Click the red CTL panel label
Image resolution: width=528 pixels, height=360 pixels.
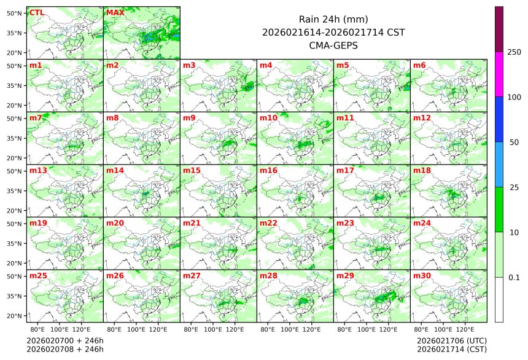pyautogui.click(x=36, y=12)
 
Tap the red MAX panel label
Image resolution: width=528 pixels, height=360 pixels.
pyautogui.click(x=115, y=12)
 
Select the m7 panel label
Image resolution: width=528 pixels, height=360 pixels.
pyautogui.click(x=36, y=117)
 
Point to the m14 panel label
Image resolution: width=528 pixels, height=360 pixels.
pyautogui.click(x=115, y=170)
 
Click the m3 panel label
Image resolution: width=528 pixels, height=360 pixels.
pyautogui.click(x=189, y=65)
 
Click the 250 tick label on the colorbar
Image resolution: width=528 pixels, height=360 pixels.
pyautogui.click(x=514, y=52)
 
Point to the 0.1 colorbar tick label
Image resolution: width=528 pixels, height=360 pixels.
pyautogui.click(x=514, y=277)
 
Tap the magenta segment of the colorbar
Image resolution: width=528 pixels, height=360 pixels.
pyautogui.click(x=499, y=74)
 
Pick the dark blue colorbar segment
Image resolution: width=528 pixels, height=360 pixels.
pyautogui.click(x=499, y=119)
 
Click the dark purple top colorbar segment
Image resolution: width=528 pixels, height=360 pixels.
pyautogui.click(x=499, y=29)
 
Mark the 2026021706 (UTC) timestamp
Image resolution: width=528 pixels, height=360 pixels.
pyautogui.click(x=451, y=340)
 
